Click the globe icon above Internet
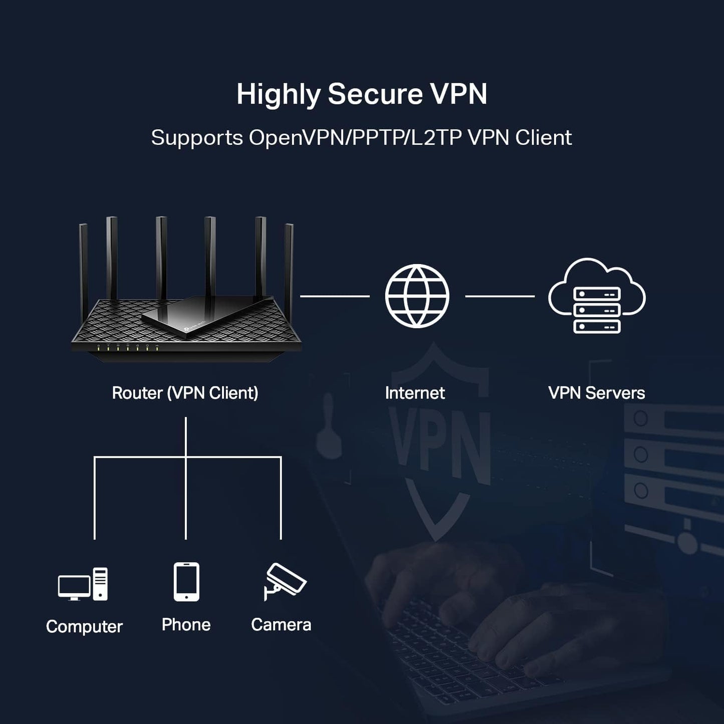pyautogui.click(x=417, y=296)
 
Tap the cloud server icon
pyautogui.click(x=597, y=297)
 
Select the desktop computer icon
pyautogui.click(x=83, y=584)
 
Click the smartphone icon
pyautogui.click(x=186, y=581)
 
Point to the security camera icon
pyautogui.click(x=284, y=581)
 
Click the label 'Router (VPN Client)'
pyautogui.click(x=185, y=393)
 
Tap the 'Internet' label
pyautogui.click(x=415, y=393)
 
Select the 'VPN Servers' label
pyautogui.click(x=596, y=393)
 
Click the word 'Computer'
pyautogui.click(x=84, y=626)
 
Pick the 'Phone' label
pyautogui.click(x=186, y=625)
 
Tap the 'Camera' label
pyautogui.click(x=281, y=625)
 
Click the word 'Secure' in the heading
pyautogui.click(x=375, y=94)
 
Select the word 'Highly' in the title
pyautogui.click(x=279, y=95)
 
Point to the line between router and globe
pyautogui.click(x=335, y=296)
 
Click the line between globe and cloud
pyautogui.click(x=500, y=296)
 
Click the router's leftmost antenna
pyautogui.click(x=83, y=263)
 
